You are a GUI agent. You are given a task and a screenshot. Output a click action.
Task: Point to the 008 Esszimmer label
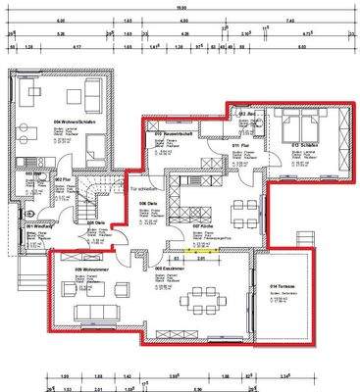(x=172, y=266)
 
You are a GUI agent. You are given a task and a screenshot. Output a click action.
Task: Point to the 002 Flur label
(x=59, y=180)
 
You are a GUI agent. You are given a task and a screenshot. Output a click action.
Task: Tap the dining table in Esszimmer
(x=201, y=297)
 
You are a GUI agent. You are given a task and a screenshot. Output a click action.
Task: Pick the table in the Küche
(x=239, y=209)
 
